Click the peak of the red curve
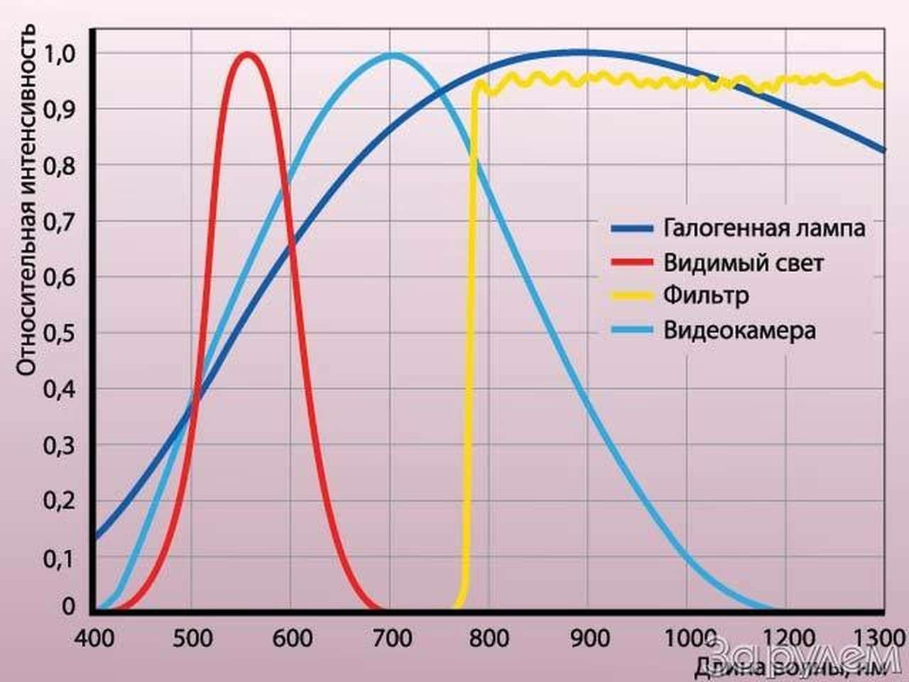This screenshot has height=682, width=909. pyautogui.click(x=247, y=55)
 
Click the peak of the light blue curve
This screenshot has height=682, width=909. pyautogui.click(x=393, y=55)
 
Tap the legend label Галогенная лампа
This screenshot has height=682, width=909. pyautogui.click(x=764, y=228)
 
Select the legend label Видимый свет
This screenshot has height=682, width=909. pyautogui.click(x=744, y=263)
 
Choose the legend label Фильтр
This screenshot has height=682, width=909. pyautogui.click(x=706, y=295)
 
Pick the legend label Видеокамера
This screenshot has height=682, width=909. pyautogui.click(x=739, y=330)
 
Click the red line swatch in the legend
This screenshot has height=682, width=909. pyautogui.click(x=631, y=262)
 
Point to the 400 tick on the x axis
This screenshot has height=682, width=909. pyautogui.click(x=94, y=637)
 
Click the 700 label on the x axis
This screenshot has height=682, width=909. pyautogui.click(x=391, y=637)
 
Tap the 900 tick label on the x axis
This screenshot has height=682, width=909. pyautogui.click(x=589, y=637)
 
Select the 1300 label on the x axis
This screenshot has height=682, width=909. pyautogui.click(x=883, y=637)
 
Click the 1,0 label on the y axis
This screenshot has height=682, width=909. pyautogui.click(x=60, y=53)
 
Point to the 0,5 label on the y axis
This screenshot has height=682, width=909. pyautogui.click(x=60, y=333)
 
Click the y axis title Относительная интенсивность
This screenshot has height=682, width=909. pyautogui.click(x=26, y=199)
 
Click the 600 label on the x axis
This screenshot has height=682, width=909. pyautogui.click(x=292, y=637)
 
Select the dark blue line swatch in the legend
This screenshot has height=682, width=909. pyautogui.click(x=631, y=229)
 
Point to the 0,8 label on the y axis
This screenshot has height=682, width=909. pyautogui.click(x=60, y=166)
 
